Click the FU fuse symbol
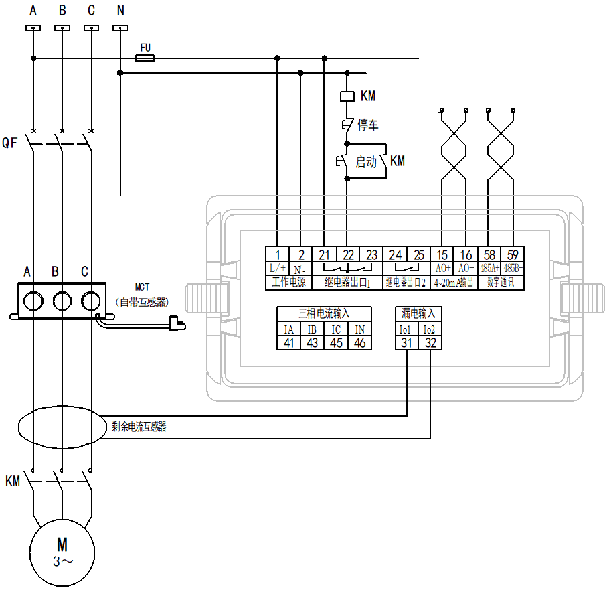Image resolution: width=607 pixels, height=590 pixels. pyautogui.click(x=145, y=58)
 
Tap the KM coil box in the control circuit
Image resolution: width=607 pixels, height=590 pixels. pyautogui.click(x=347, y=96)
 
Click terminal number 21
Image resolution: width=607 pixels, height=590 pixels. pyautogui.click(x=324, y=254)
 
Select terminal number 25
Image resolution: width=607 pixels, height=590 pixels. pyautogui.click(x=419, y=254)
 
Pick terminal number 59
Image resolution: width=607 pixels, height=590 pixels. pyautogui.click(x=513, y=254)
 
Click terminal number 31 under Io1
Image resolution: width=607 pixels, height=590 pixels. pyautogui.click(x=406, y=342)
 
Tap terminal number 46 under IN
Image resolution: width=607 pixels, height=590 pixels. pyautogui.click(x=360, y=342)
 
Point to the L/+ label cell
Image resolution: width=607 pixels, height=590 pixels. pyautogui.click(x=278, y=268)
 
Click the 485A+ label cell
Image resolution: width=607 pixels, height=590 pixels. pyautogui.click(x=490, y=268)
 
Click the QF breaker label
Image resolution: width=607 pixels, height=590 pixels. pyautogui.click(x=10, y=142)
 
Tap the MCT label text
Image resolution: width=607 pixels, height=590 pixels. pyautogui.click(x=142, y=287)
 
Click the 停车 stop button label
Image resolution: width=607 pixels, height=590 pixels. pyautogui.click(x=368, y=125)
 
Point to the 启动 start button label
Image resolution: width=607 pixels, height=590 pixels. pyautogui.click(x=365, y=162)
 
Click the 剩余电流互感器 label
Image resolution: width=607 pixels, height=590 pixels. pyautogui.click(x=139, y=426)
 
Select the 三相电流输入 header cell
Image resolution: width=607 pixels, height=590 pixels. pyautogui.click(x=324, y=313)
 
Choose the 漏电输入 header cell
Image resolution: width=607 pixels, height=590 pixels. pyautogui.click(x=418, y=313)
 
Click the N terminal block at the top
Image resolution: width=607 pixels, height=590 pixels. pyautogui.click(x=120, y=28)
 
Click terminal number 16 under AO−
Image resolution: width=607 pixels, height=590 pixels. pyautogui.click(x=466, y=254)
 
